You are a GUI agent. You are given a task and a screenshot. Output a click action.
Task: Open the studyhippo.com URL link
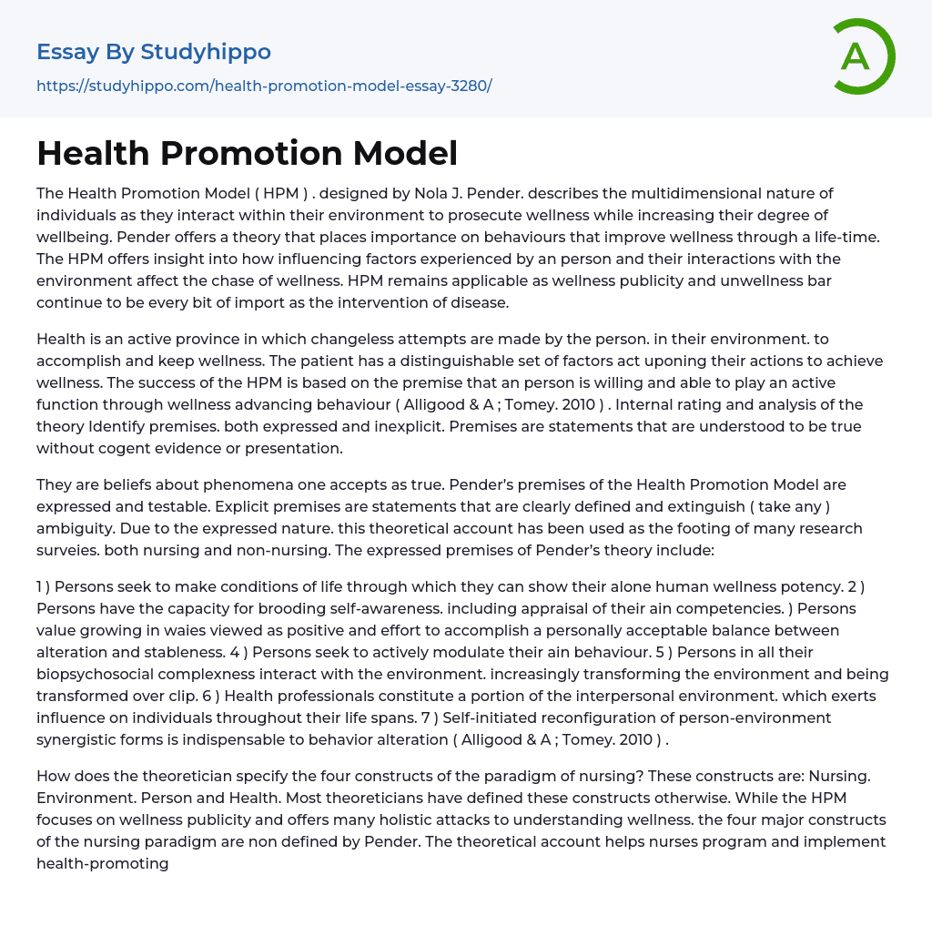pos(264,86)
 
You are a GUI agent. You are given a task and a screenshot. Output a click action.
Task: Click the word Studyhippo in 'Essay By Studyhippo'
pos(206,52)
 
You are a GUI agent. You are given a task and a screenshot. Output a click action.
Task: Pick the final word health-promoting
pos(103,863)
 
